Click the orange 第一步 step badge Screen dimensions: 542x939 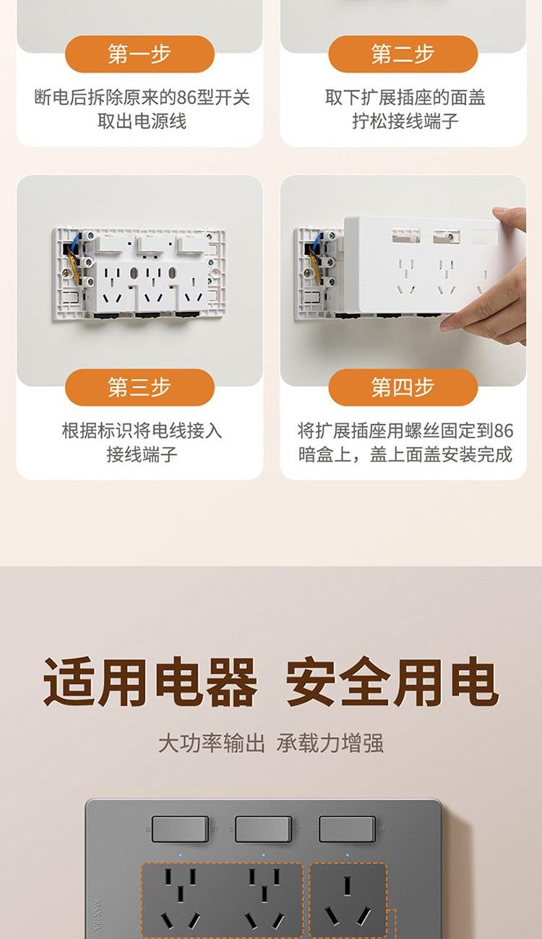click(x=139, y=54)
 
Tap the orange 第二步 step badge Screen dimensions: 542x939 click(x=403, y=54)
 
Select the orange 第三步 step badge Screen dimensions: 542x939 click(x=139, y=387)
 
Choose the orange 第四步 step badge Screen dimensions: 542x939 click(x=403, y=387)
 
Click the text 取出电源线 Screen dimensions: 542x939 click(x=142, y=121)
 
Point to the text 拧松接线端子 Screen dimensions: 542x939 click(x=405, y=121)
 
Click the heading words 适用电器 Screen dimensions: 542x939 click(x=150, y=682)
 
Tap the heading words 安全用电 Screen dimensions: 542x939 click(x=392, y=682)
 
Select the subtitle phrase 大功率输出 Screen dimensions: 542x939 click(x=212, y=743)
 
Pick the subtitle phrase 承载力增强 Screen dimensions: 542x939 click(x=330, y=743)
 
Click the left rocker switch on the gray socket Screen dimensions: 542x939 click(x=180, y=828)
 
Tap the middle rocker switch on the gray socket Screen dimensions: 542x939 click(x=264, y=828)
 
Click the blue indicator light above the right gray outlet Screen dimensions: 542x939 click(x=348, y=854)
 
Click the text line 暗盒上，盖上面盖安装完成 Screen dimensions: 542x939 click(x=405, y=454)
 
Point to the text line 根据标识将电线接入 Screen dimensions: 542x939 click(x=142, y=431)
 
